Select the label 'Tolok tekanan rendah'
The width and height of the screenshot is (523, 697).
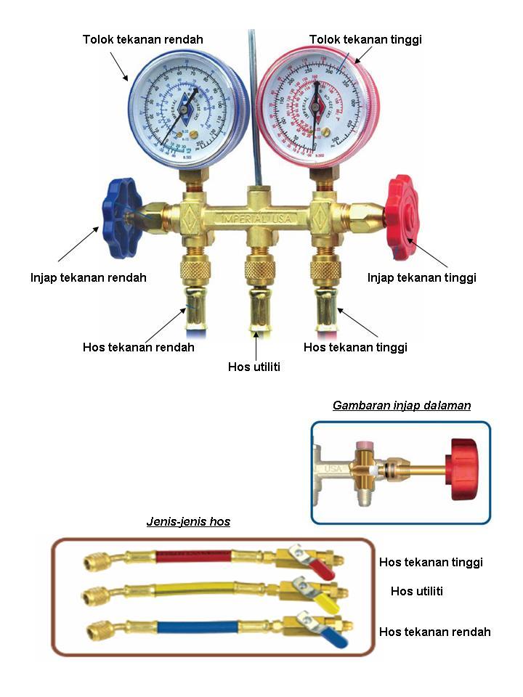pyautogui.click(x=142, y=39)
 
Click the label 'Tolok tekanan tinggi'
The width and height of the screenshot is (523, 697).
pyautogui.click(x=365, y=39)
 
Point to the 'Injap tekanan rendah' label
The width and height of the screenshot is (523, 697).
pyautogui.click(x=89, y=277)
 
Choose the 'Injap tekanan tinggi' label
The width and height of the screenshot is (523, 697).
pyautogui.click(x=421, y=277)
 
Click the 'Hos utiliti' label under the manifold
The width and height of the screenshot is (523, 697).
pyautogui.click(x=254, y=367)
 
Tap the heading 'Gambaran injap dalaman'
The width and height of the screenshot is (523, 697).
pyautogui.click(x=401, y=405)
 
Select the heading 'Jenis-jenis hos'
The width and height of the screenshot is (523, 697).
pyautogui.click(x=188, y=521)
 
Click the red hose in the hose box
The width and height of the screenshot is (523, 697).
pyautogui.click(x=194, y=558)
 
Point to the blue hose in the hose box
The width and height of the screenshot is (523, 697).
pyautogui.click(x=195, y=625)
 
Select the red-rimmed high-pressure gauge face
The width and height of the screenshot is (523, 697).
pyautogui.click(x=315, y=109)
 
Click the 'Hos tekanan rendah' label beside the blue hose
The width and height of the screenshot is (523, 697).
pyautogui.click(x=434, y=632)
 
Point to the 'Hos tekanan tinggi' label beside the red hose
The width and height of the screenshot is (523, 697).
pyautogui.click(x=431, y=562)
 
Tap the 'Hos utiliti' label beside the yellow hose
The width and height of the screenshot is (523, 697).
pyautogui.click(x=416, y=591)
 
